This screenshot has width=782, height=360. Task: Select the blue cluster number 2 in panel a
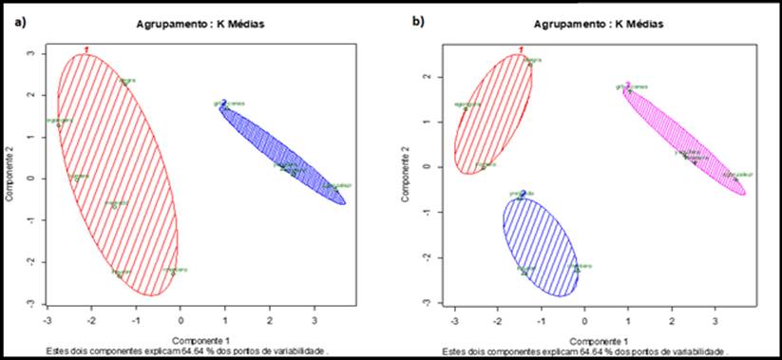pos(223,102)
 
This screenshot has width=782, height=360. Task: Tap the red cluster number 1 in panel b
pos(521,49)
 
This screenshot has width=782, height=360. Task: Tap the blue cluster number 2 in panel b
pos(523,193)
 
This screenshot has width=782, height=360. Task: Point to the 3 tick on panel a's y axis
pos(31,53)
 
